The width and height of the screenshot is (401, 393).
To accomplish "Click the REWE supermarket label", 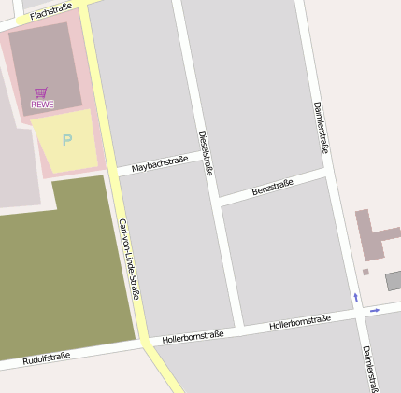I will (42, 105).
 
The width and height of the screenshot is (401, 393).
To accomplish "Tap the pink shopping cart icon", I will (40, 92).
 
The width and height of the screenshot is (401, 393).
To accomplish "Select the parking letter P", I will (66, 141).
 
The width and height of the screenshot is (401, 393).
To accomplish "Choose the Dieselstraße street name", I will (207, 153).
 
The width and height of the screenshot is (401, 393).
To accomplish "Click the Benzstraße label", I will (273, 186).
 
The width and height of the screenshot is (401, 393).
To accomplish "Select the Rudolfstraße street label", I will (47, 358).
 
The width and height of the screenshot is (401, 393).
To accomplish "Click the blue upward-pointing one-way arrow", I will (355, 297).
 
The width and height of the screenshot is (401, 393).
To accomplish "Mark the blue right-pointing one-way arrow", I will (375, 309).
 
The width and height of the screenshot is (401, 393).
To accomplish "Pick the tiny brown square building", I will (365, 272).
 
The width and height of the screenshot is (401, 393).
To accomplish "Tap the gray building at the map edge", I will (394, 280).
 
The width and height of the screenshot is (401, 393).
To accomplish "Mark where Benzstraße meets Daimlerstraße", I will (330, 173).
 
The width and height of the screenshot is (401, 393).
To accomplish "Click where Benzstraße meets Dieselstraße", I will (217, 199).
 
